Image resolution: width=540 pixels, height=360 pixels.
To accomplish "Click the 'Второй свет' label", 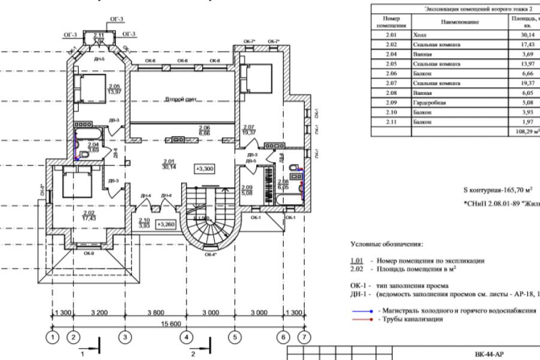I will click(x=182, y=99).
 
